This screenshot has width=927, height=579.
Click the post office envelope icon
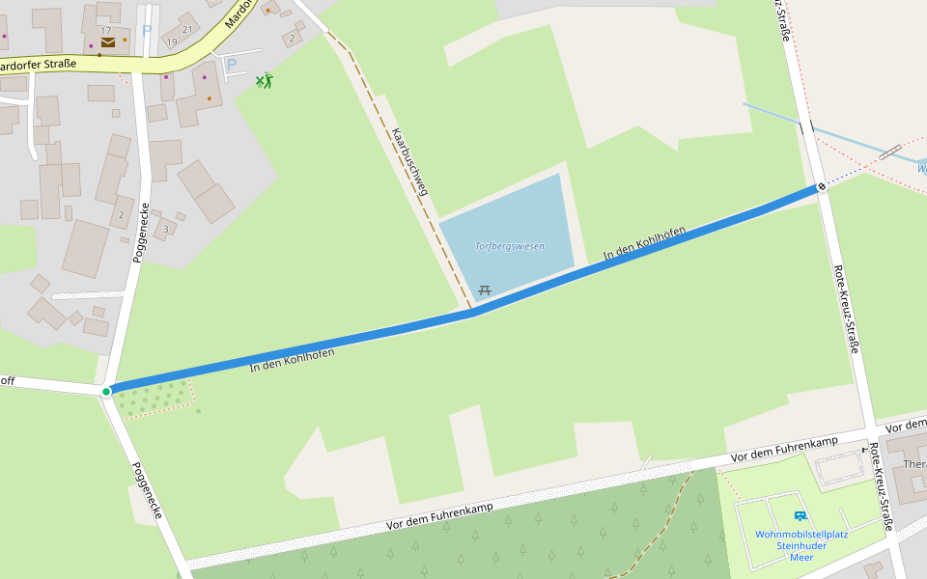click(107, 42)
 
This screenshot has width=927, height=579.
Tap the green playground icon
click(265, 80)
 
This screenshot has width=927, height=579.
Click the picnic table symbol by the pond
click(485, 289)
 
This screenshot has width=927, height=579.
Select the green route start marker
click(106, 391)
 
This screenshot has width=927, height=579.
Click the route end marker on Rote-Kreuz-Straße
click(822, 187)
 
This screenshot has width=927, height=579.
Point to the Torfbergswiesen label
click(510, 246)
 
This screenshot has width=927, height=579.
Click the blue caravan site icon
click(800, 516)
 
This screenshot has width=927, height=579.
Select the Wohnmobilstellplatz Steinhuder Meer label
click(801, 545)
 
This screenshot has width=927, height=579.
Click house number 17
click(106, 30)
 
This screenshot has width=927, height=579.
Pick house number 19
click(172, 42)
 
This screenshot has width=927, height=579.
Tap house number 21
click(187, 29)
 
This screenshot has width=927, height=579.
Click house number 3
click(166, 229)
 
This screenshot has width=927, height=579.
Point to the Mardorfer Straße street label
click(39, 66)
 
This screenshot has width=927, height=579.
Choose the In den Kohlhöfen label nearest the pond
click(644, 244)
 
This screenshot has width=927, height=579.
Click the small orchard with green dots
click(154, 398)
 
